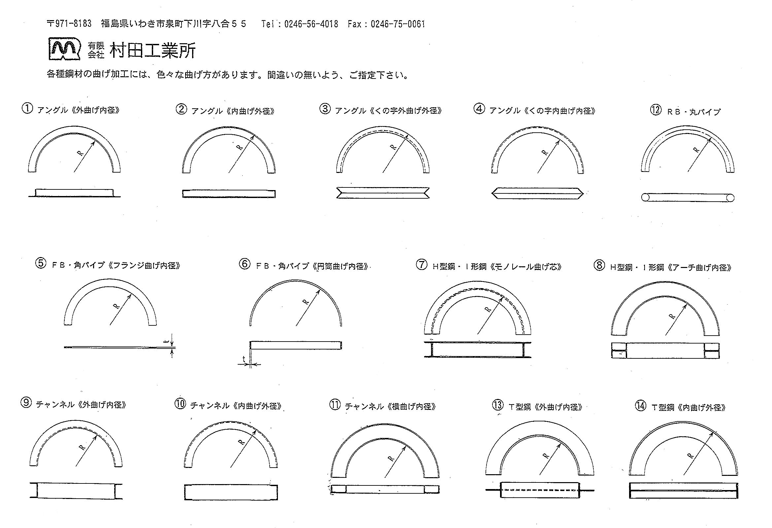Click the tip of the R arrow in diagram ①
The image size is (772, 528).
pos(95,141)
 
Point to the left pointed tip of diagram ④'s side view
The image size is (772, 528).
pos(492,193)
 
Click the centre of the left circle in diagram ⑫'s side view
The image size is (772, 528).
pos(645,198)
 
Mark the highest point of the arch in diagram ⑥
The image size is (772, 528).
pos(296,280)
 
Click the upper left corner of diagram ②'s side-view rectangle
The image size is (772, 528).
pos(183,190)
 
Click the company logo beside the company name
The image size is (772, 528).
pos(65,49)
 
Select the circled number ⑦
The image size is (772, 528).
pos(421,265)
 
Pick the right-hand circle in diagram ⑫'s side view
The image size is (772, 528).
pos(730,198)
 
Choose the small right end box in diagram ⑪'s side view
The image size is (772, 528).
pos(432,489)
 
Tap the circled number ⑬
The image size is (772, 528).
pos(498,405)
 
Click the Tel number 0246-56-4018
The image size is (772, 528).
pos(311,24)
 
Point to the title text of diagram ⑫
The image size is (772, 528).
pos(693,112)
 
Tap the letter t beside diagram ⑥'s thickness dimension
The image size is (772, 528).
pos(244,359)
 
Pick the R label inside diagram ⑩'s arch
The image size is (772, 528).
pos(242,442)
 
